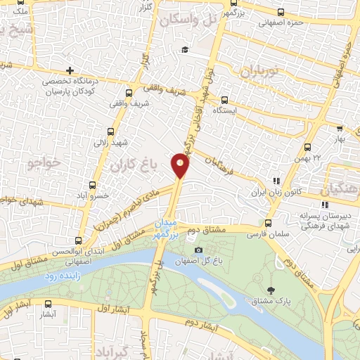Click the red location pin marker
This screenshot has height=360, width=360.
(x=181, y=165)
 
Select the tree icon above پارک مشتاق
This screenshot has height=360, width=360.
(x=271, y=290)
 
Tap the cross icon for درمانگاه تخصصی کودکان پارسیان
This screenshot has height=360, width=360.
(x=70, y=70)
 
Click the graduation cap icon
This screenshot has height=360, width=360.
(x=184, y=49)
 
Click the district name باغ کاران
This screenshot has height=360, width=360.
(x=131, y=166)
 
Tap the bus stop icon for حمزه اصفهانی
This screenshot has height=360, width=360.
(x=281, y=12)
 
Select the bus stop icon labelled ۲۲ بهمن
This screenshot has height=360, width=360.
(x=307, y=147)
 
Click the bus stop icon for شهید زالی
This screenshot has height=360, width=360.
(x=110, y=131)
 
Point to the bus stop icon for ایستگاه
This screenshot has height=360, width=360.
(x=224, y=100)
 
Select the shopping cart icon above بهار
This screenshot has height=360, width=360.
(x=340, y=129)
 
